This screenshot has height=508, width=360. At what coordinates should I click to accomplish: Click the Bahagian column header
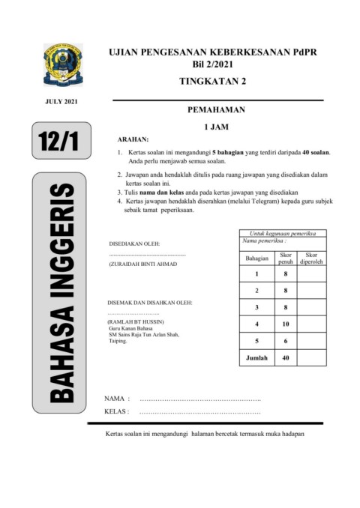(256, 258)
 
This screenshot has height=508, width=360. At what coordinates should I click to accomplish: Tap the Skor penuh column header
(286, 258)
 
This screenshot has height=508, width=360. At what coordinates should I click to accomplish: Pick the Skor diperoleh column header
(311, 258)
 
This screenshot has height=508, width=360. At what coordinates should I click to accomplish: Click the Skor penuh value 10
(286, 324)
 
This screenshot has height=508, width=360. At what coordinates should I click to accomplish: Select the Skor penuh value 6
(286, 341)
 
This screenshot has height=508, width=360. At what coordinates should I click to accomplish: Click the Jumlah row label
(256, 358)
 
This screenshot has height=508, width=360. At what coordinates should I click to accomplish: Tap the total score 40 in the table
(286, 358)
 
